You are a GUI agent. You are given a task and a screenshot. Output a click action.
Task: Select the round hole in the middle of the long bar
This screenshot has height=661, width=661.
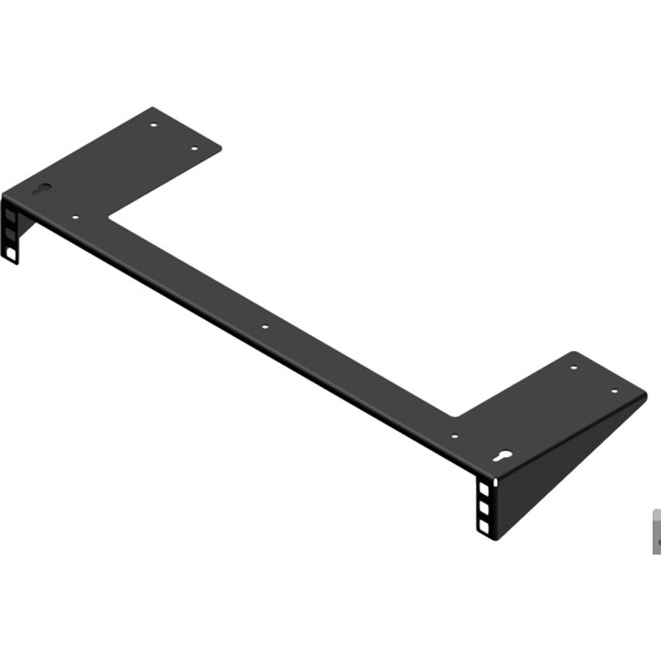(x=265, y=327)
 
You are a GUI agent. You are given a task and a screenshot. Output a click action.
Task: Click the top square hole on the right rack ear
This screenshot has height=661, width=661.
(x=483, y=487)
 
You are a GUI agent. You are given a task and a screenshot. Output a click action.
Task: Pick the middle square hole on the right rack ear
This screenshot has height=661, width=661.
(x=483, y=506)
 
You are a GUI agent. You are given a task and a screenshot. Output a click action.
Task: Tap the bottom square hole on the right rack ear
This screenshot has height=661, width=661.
(x=483, y=525)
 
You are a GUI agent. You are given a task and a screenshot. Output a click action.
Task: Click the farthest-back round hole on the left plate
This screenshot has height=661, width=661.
(x=153, y=125)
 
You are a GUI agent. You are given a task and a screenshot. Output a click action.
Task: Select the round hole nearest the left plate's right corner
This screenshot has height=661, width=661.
(x=195, y=149)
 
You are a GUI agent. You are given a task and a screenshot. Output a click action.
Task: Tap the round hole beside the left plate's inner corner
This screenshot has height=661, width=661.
(x=76, y=217)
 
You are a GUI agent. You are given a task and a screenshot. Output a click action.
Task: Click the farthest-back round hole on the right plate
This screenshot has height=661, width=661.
(x=574, y=366)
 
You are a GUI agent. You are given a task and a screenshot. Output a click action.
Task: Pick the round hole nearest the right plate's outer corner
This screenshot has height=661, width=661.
(x=615, y=391)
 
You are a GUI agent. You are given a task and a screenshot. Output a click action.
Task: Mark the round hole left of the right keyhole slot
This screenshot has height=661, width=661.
(x=455, y=436)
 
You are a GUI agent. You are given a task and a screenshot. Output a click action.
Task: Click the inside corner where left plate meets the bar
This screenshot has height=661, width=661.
(x=109, y=217)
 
